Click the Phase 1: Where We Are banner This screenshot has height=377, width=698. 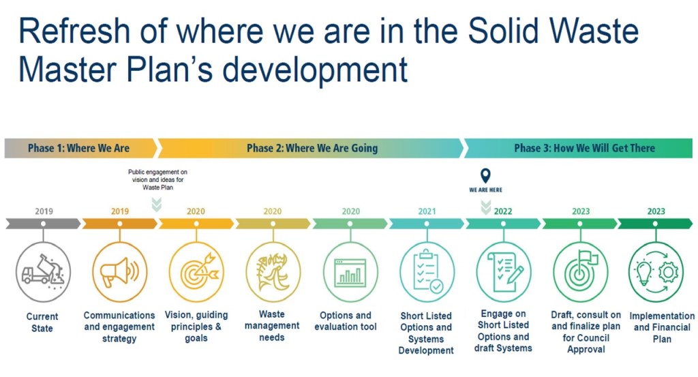(x=78, y=148)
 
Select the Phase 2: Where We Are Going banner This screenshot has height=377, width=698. (x=312, y=148)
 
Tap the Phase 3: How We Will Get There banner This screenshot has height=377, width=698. (x=584, y=148)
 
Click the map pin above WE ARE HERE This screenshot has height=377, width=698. (x=485, y=176)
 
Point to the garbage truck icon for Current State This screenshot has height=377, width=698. (x=42, y=272)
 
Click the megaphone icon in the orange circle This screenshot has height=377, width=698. (x=119, y=272)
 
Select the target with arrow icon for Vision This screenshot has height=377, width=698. (x=196, y=272)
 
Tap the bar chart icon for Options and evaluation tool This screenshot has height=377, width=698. (x=350, y=272)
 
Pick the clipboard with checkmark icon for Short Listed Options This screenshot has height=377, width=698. (x=427, y=272)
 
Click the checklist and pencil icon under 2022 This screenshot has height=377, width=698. (x=504, y=272)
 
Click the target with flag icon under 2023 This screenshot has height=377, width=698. (x=580, y=272)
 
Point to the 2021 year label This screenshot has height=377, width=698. (x=427, y=211)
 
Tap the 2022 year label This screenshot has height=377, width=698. (x=503, y=211)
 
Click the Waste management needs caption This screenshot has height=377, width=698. (x=272, y=326)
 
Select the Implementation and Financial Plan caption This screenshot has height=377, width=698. (x=657, y=327)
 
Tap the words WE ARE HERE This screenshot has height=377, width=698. (x=485, y=190)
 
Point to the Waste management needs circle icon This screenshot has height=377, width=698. (x=273, y=272)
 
